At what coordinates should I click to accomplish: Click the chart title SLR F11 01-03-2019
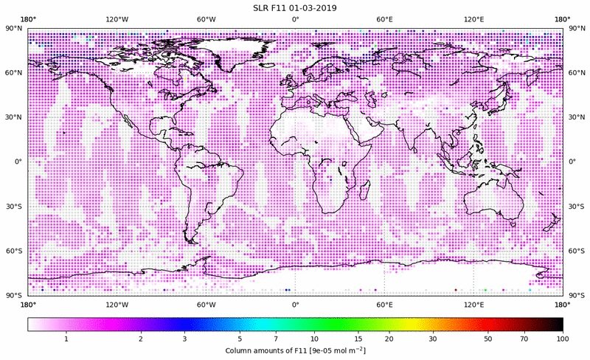click(294, 7)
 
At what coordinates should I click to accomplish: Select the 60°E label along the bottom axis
click(384, 305)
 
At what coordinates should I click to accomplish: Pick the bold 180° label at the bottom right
click(562, 305)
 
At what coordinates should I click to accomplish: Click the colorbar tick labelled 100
click(562, 339)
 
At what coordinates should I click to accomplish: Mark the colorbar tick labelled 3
click(185, 339)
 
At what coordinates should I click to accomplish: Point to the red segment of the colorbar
click(483, 324)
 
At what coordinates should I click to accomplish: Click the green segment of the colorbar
click(336, 324)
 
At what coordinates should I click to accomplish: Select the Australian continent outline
click(493, 199)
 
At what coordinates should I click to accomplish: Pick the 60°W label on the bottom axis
click(206, 305)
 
